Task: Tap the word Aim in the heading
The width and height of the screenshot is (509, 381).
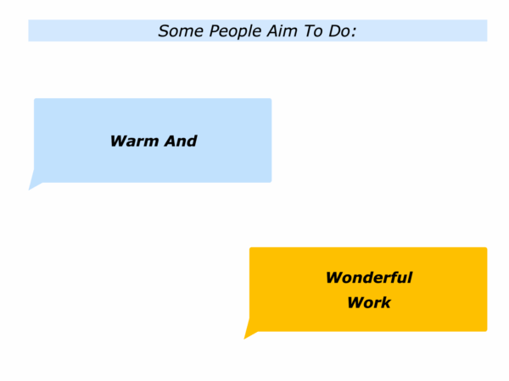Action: tap(282, 31)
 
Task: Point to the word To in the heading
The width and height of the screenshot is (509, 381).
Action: tap(314, 31)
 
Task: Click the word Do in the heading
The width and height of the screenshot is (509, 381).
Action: tap(339, 31)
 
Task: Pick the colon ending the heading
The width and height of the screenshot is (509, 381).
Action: tap(354, 33)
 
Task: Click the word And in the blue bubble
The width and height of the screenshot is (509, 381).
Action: tap(181, 141)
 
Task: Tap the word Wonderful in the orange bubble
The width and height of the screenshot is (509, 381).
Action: tap(369, 278)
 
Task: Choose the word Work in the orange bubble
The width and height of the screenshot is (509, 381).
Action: tap(369, 302)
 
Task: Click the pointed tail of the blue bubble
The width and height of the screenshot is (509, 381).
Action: tap(30, 189)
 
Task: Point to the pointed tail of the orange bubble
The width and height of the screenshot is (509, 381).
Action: tap(245, 338)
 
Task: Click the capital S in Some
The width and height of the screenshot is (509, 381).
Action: tap(164, 31)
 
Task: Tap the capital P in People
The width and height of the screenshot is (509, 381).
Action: tap(215, 31)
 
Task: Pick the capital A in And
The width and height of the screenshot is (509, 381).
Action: tap(171, 141)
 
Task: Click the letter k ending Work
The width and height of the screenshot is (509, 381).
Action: tap(386, 302)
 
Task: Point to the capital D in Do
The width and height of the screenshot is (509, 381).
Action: tap(334, 31)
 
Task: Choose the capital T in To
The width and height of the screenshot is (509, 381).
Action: tap(310, 31)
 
